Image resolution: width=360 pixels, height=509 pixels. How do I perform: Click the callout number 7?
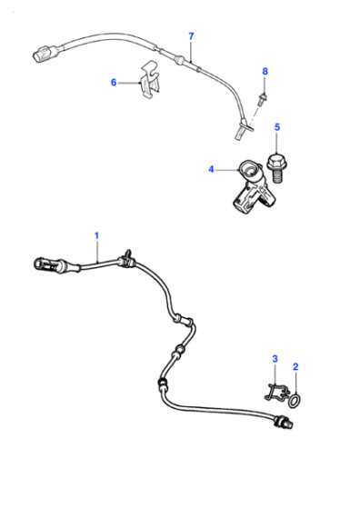pyautogui.click(x=191, y=36)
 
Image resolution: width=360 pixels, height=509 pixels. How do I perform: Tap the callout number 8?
pyautogui.click(x=265, y=72)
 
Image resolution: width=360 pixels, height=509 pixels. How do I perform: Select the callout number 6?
pyautogui.click(x=114, y=83)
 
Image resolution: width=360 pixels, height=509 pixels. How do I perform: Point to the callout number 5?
pyautogui.click(x=277, y=127)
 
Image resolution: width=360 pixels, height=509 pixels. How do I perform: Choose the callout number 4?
pyautogui.click(x=211, y=169)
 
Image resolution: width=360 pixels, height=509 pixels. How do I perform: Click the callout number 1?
pyautogui.click(x=96, y=235)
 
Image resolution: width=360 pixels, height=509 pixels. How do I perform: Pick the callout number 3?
pyautogui.click(x=275, y=359)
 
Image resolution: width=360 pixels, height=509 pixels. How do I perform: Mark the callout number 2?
pyautogui.click(x=295, y=367)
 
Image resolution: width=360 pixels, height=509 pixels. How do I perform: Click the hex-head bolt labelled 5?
pyautogui.click(x=276, y=169)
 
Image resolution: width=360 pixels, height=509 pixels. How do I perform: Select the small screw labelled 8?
pyautogui.click(x=262, y=99)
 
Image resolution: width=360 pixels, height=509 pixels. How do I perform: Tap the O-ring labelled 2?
pyautogui.click(x=295, y=401)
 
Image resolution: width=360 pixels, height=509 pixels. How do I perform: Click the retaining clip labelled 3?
pyautogui.click(x=276, y=392)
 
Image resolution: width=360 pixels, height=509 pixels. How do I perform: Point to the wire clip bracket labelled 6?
pyautogui.click(x=150, y=80)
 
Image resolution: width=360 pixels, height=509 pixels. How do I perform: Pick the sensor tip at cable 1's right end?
pyautogui.click(x=284, y=422)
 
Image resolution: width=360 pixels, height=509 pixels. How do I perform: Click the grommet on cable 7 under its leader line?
pyautogui.click(x=179, y=59)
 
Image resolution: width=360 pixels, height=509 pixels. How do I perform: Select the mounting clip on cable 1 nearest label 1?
pyautogui.click(x=125, y=259)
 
